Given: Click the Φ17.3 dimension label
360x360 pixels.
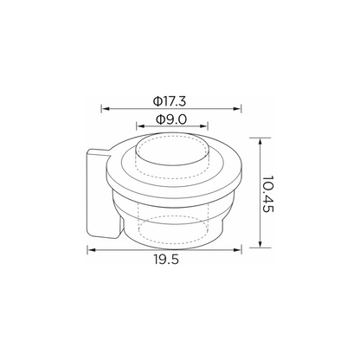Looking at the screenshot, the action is pos(170,101).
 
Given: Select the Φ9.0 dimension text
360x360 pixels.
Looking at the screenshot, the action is pos(171,119).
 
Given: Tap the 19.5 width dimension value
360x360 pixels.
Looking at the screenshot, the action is pos(166,260).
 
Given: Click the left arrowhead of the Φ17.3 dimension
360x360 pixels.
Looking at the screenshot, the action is pos(106,109).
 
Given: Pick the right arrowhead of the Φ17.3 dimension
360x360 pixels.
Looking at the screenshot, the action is pos(237,109).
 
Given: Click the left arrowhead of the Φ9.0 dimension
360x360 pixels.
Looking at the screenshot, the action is pos(141,126).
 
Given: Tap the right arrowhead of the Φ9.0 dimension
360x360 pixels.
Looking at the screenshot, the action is pos(203,126).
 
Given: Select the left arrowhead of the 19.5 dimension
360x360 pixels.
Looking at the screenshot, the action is pos(92,250).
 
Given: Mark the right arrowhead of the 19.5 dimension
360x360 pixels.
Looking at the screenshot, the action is pos(237,250).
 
